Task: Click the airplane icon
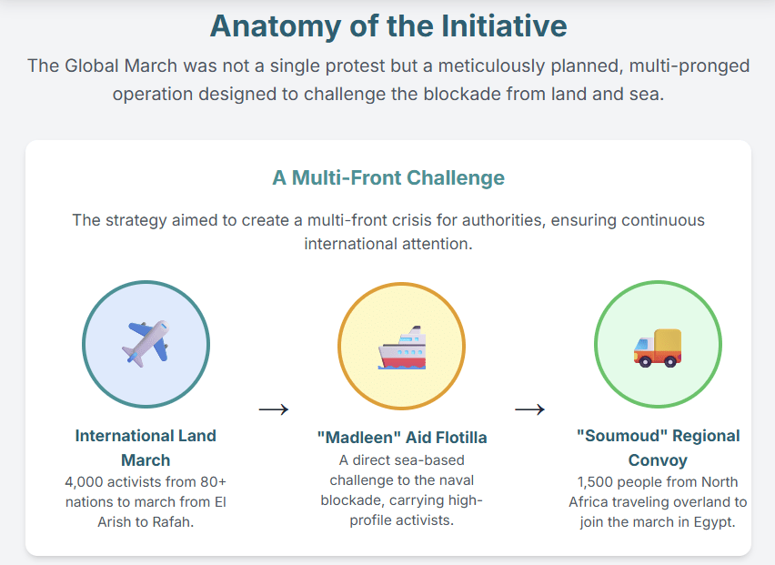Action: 146,344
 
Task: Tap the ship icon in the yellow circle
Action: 402,348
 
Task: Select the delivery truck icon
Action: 658,348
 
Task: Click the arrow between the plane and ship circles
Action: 274,409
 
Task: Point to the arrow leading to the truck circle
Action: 529,409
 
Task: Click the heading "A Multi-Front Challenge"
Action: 388,178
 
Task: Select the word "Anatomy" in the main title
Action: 276,26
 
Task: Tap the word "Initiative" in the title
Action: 504,25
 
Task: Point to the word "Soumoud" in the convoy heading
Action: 622,436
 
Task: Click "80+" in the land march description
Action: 213,482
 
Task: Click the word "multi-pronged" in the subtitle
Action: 689,66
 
